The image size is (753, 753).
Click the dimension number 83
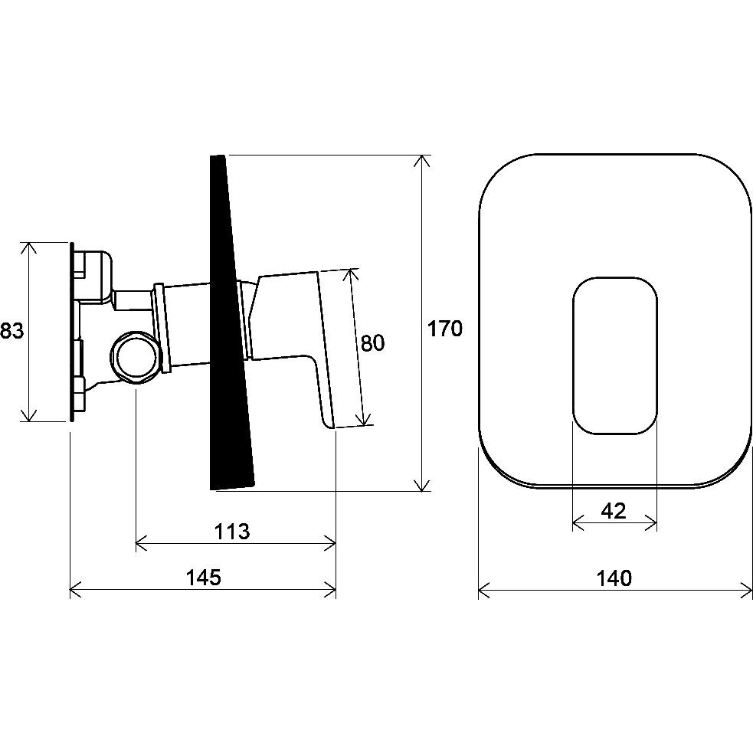pos(11,331)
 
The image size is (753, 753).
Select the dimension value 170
pos(445,329)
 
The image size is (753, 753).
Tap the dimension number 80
pos(372,343)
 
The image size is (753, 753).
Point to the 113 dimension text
pos(232,531)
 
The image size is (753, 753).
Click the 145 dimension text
pos(204,577)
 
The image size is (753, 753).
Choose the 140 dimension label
pos(614,578)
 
